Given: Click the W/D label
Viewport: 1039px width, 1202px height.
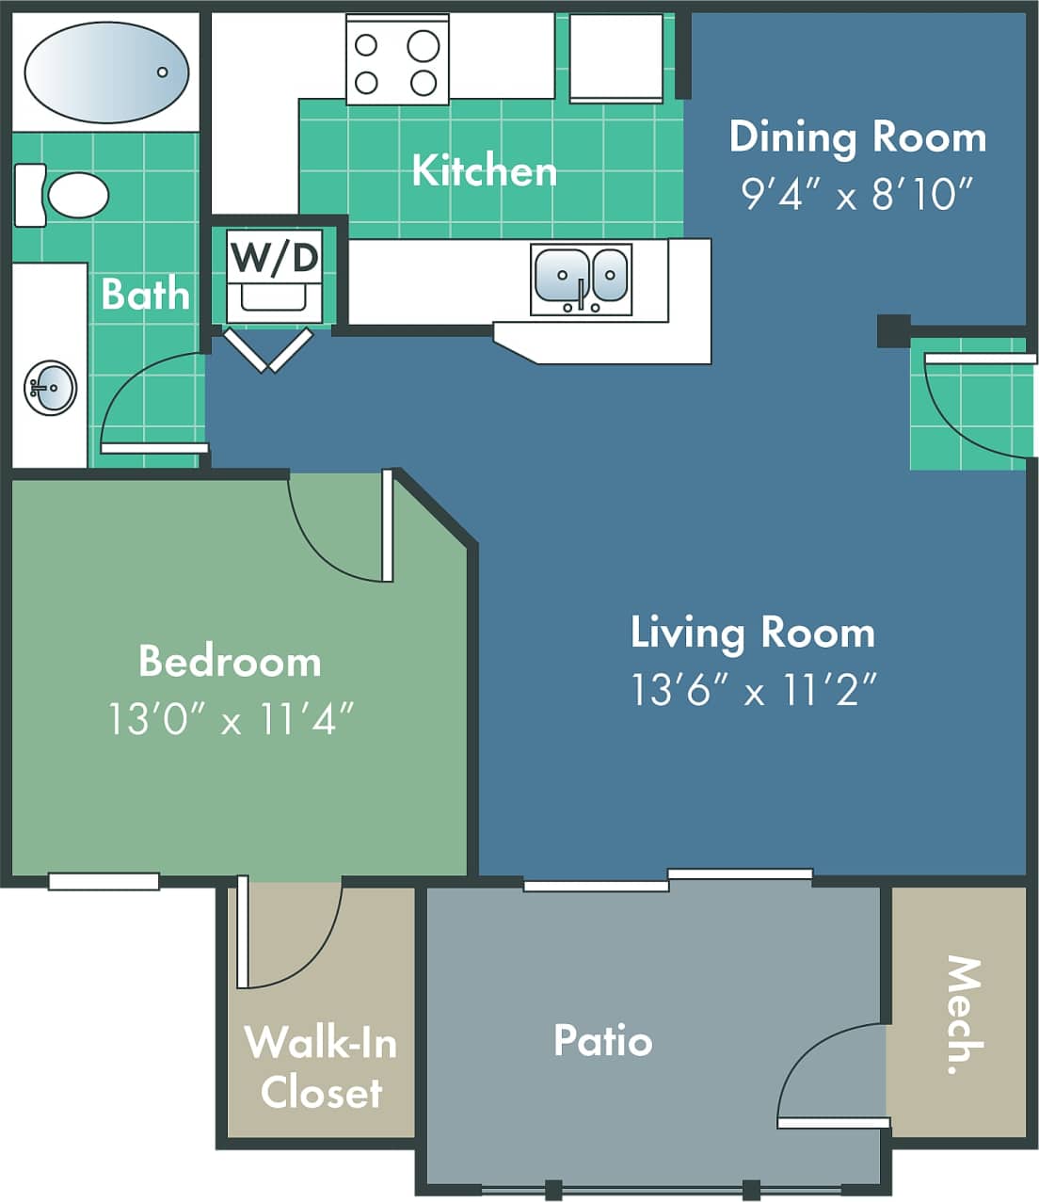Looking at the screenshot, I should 275,256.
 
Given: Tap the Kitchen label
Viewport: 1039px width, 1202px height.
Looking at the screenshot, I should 485,170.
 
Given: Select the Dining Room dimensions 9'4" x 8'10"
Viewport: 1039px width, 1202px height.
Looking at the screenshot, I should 856,195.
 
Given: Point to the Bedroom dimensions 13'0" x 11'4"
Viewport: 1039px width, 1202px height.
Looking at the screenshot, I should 232,720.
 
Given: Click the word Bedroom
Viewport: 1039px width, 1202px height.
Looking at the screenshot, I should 230,661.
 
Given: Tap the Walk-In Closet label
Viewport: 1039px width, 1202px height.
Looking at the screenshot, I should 321,1067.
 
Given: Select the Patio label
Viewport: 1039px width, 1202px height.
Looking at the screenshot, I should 602,1040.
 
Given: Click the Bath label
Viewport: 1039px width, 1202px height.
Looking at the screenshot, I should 145,294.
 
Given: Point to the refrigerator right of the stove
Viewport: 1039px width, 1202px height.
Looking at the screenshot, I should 616,56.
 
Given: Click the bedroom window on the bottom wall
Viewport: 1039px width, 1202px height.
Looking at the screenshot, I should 104,882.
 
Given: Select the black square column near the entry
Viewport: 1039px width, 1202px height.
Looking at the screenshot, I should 893,330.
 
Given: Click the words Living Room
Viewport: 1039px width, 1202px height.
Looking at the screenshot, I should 753,632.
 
